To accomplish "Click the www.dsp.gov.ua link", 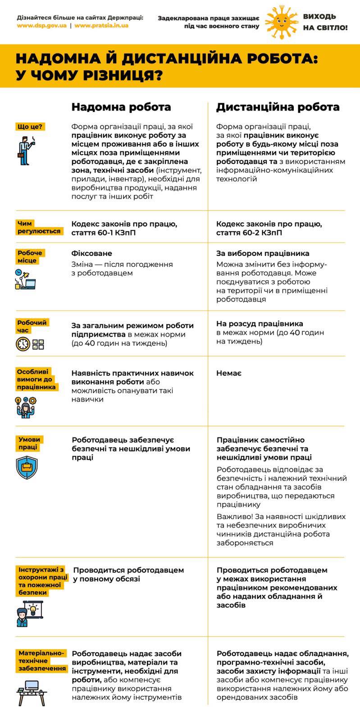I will (x=41, y=26).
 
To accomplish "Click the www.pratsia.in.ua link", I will (x=101, y=26).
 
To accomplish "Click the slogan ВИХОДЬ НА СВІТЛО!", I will (x=325, y=22).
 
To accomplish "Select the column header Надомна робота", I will (x=121, y=107).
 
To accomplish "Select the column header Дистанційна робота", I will (x=278, y=107).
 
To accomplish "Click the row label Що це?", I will (x=30, y=127).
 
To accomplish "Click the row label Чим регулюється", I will (x=39, y=227).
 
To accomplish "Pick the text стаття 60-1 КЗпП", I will (x=103, y=233).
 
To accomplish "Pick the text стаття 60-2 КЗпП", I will (x=249, y=233).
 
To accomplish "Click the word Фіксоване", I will (x=91, y=253).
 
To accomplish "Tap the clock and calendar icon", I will (x=30, y=344).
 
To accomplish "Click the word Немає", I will (x=228, y=373).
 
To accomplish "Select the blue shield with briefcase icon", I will (x=27, y=467).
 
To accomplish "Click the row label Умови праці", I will (x=29, y=443).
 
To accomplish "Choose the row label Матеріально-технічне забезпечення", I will (x=42, y=661).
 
